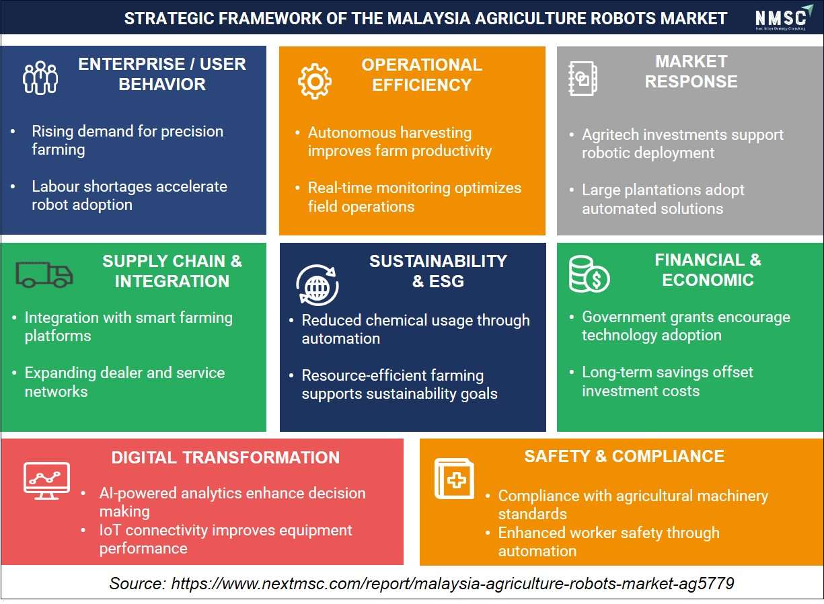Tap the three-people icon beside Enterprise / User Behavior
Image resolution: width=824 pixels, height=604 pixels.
pyautogui.click(x=40, y=78)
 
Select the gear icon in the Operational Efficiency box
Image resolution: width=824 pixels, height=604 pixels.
pyautogui.click(x=315, y=81)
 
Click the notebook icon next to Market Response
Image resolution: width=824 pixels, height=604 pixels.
pyautogui.click(x=583, y=79)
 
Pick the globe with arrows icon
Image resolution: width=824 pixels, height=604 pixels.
pyautogui.click(x=317, y=285)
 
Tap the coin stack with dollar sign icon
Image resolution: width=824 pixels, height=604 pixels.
pyautogui.click(x=589, y=274)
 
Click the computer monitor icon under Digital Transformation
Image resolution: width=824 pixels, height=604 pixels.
pyautogui.click(x=46, y=480)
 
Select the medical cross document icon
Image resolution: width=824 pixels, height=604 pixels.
pyautogui.click(x=454, y=479)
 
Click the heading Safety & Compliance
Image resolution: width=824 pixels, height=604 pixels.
pyautogui.click(x=624, y=457)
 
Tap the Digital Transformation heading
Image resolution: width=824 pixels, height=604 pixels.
pyautogui.click(x=225, y=457)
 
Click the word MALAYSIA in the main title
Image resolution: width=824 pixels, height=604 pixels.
pyautogui.click(x=429, y=18)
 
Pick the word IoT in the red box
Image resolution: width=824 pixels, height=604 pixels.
pyautogui.click(x=110, y=531)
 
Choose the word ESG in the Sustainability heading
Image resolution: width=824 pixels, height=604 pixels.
pyautogui.click(x=447, y=281)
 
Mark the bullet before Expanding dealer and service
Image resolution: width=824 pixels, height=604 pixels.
pyautogui.click(x=14, y=373)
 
